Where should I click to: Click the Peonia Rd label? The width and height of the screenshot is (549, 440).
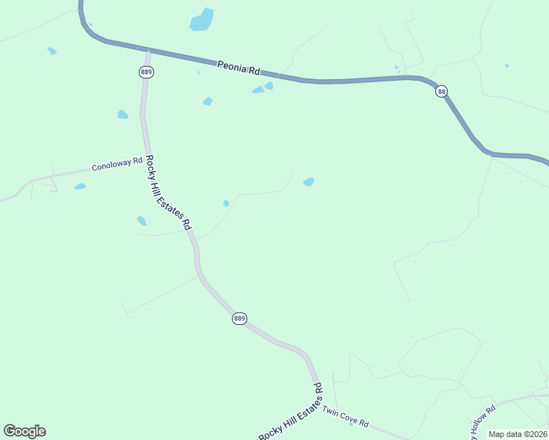pos(239,68)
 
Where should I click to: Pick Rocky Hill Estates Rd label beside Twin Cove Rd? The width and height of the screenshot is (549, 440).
pos(291,411)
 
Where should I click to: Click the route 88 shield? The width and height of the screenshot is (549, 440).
pos(441,91)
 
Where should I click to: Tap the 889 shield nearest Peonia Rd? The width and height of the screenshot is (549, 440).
pos(145,71)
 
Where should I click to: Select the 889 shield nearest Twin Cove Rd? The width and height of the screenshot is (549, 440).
pos(239,318)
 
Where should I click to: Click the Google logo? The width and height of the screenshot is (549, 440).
pos(24,431)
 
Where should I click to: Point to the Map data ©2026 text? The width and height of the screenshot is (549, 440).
pos(517,434)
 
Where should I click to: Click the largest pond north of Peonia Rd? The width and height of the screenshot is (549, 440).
pos(202,20)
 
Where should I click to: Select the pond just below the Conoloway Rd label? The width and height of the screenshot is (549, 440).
pos(80,186)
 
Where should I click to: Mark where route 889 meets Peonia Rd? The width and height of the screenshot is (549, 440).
pos(148,51)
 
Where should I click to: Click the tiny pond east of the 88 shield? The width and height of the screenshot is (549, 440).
pos(507,66)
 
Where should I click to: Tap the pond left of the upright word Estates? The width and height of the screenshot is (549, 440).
pos(142,221)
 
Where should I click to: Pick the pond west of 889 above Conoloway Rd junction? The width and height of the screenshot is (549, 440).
pos(123,114)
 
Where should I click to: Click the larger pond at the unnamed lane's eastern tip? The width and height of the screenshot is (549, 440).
pos(309,182)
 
